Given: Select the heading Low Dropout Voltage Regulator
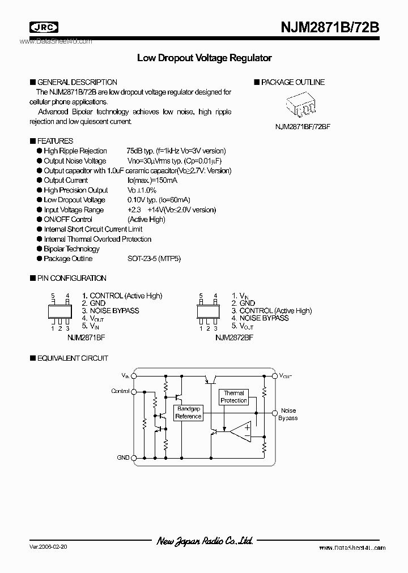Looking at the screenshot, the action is (x=205, y=58).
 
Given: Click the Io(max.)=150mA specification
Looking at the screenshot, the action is (x=152, y=181).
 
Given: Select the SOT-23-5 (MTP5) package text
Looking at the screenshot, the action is (x=154, y=259).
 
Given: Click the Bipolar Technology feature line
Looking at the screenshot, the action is (x=71, y=249).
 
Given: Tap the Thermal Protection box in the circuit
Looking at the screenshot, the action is (x=233, y=396).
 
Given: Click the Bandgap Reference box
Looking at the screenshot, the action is (x=188, y=413).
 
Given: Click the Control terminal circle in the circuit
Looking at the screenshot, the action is (x=134, y=391).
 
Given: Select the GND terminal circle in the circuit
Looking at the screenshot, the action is (x=134, y=457).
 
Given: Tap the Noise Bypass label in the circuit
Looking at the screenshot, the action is (x=288, y=414).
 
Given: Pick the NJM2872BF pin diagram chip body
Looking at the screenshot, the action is (x=209, y=311).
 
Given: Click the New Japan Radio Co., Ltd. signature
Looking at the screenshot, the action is (x=205, y=541).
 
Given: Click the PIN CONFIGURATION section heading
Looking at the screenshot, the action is (x=71, y=278).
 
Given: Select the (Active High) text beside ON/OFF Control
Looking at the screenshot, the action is (x=146, y=220).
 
